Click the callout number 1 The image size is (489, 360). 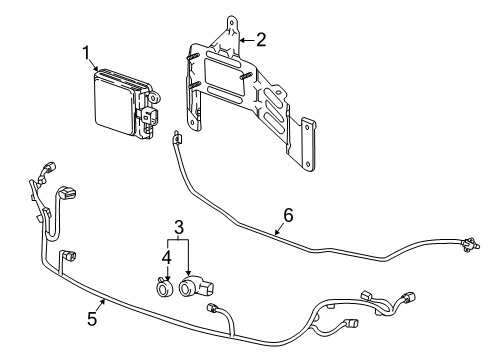point(87,53)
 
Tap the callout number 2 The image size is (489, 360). point(261,40)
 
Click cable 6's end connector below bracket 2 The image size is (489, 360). point(175,137)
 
